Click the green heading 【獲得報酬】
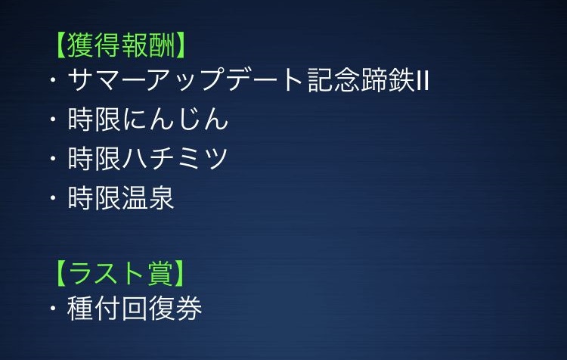tap(120, 45)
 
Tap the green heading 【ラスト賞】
tap(120, 273)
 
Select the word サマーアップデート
tap(185, 80)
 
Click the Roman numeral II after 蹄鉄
tap(423, 81)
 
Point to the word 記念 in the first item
tap(333, 80)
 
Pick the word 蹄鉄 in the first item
tap(388, 80)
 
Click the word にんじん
tap(175, 119)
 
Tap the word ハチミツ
tap(175, 159)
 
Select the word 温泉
tap(147, 197)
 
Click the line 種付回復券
tap(134, 309)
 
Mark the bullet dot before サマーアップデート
tap(53, 80)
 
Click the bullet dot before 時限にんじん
tap(53, 119)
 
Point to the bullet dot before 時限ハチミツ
tap(53, 159)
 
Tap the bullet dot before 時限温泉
tap(53, 197)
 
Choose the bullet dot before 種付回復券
tap(53, 309)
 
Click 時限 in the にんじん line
tap(94, 119)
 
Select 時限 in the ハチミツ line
tap(94, 159)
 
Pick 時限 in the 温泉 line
tap(94, 197)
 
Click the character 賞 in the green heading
tap(160, 273)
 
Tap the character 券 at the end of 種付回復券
tap(188, 309)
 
